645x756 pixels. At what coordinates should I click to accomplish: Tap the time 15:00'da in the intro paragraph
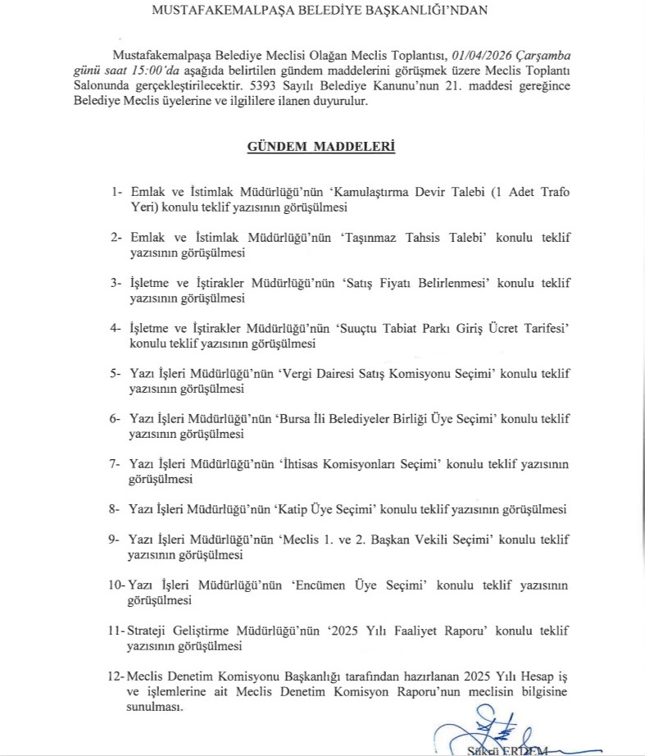[x=176, y=71]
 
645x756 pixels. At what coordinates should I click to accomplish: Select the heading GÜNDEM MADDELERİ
[x=322, y=147]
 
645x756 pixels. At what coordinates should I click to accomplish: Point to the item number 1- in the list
[x=117, y=192]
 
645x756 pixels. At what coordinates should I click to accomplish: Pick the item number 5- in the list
[x=116, y=373]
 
